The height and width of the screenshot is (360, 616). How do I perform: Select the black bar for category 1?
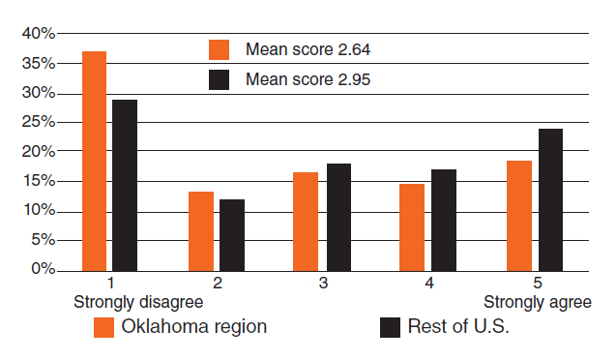[x=125, y=185]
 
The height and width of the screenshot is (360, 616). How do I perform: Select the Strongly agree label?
[x=537, y=302]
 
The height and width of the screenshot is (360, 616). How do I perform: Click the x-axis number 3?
[x=323, y=284]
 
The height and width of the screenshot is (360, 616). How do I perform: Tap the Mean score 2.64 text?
[x=308, y=49]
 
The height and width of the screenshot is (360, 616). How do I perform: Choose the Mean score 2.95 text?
[x=308, y=79]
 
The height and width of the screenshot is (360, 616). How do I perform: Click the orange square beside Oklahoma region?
[x=103, y=327]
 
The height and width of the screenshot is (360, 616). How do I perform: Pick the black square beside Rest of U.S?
[x=390, y=327]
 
